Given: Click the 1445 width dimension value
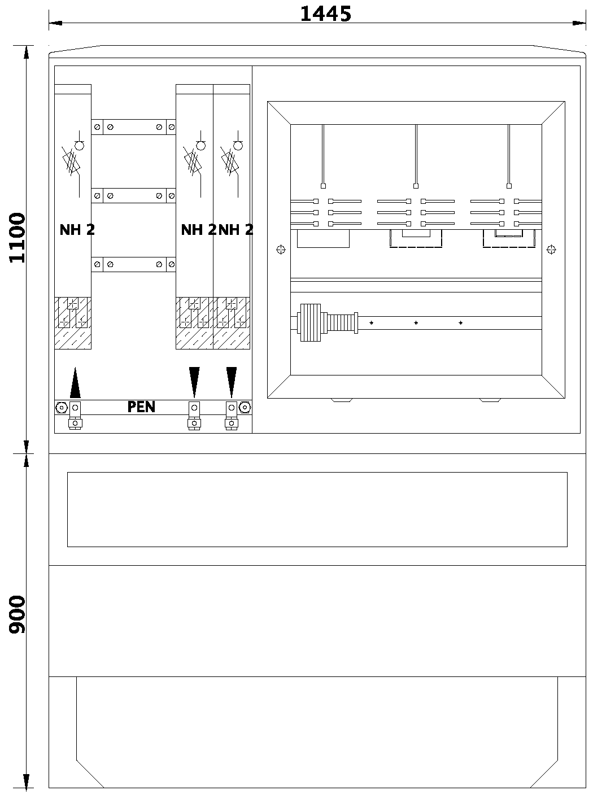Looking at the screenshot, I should click(325, 14).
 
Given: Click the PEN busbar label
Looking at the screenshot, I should click(141, 407).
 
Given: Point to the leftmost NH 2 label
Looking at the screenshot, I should click(77, 230).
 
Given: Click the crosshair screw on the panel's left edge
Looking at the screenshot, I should click(281, 250).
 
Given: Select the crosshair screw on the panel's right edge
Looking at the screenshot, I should click(552, 250).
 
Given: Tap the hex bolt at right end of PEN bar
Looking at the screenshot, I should click(245, 407).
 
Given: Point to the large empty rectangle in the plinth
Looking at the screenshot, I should click(317, 509).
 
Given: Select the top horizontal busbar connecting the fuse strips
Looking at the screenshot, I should click(133, 127).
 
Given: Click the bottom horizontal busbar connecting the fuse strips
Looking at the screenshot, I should click(133, 264).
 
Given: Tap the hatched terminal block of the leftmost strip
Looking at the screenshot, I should click(73, 322).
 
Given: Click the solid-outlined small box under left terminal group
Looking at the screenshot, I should click(323, 238).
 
